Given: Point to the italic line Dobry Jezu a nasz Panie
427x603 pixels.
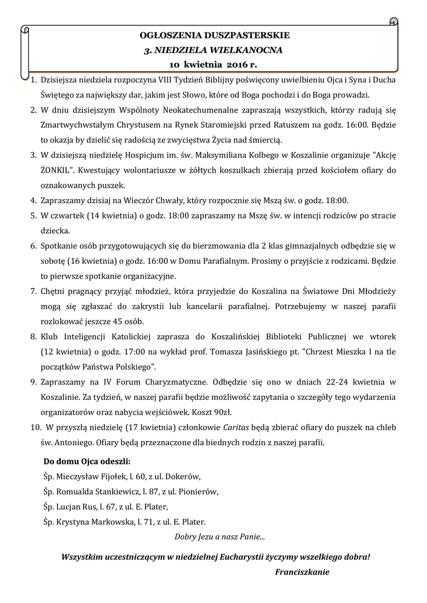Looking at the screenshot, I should click(x=220, y=536).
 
